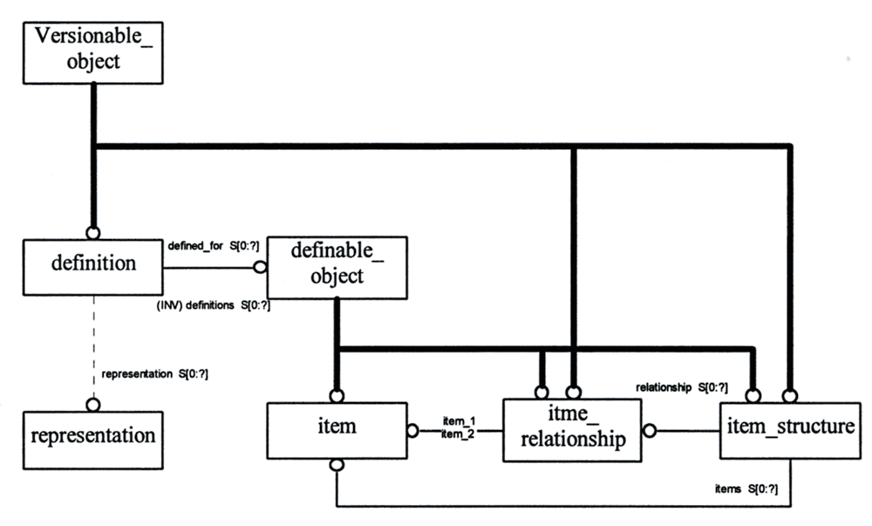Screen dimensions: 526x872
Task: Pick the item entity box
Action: point(337,430)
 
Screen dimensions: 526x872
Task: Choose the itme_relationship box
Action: point(572,430)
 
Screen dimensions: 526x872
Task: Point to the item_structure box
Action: point(790,430)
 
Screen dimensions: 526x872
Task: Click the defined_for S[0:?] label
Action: point(212,247)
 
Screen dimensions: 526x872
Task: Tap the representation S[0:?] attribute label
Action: point(155,373)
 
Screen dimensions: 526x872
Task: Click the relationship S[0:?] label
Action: point(681,386)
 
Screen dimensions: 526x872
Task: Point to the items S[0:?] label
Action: point(746,489)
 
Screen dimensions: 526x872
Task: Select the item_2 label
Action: point(458,434)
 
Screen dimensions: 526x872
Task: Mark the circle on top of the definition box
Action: point(92,233)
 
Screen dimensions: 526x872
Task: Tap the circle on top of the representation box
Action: point(92,405)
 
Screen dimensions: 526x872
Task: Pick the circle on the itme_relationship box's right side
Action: point(649,430)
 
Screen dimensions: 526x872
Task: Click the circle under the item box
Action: point(337,466)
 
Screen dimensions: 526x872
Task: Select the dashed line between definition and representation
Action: point(92,349)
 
